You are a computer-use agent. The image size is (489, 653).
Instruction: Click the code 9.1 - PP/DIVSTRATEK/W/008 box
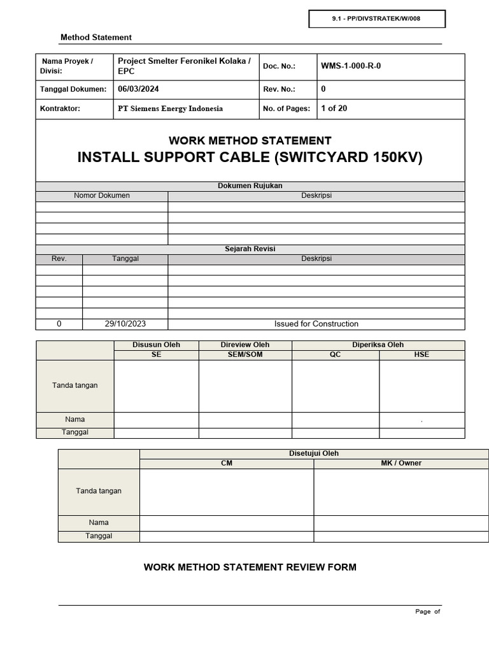coord(376,19)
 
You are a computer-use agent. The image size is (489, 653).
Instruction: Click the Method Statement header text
coord(96,38)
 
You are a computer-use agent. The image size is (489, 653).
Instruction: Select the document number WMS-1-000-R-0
coord(351,66)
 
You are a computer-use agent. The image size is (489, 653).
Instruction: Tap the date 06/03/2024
coord(134,89)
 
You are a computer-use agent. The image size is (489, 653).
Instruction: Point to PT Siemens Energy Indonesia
coord(171,108)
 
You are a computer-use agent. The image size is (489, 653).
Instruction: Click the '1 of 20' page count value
coord(334,108)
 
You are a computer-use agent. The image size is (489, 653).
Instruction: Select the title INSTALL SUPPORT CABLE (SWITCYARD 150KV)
coord(250,158)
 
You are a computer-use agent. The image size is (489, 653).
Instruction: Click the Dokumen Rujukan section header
coord(250,186)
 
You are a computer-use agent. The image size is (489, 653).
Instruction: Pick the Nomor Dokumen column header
coord(102,196)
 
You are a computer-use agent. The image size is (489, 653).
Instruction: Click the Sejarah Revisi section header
coord(250,249)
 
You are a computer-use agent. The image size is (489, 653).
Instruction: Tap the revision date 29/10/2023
coord(125,324)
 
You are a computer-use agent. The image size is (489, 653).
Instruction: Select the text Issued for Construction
coord(316,324)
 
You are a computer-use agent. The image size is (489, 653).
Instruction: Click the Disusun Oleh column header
coord(156,345)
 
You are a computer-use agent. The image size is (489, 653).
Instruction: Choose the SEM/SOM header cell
coord(245,355)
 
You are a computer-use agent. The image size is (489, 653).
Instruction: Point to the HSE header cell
coord(422,355)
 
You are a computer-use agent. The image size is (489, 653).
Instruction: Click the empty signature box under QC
coord(336,386)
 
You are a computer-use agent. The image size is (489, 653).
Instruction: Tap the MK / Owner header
coord(401,464)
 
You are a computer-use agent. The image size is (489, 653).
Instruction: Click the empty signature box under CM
coord(227,492)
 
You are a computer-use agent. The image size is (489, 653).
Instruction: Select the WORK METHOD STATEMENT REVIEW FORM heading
coord(250,567)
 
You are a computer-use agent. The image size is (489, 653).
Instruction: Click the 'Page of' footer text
coord(427,612)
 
